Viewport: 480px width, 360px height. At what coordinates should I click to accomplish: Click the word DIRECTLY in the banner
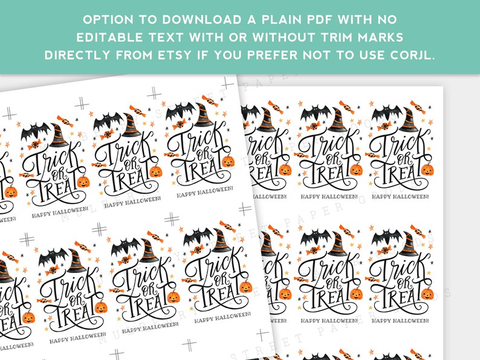(78, 55)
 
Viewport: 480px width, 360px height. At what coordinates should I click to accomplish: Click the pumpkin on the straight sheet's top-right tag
(427, 169)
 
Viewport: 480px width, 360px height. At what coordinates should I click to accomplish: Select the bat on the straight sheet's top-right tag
(382, 115)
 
